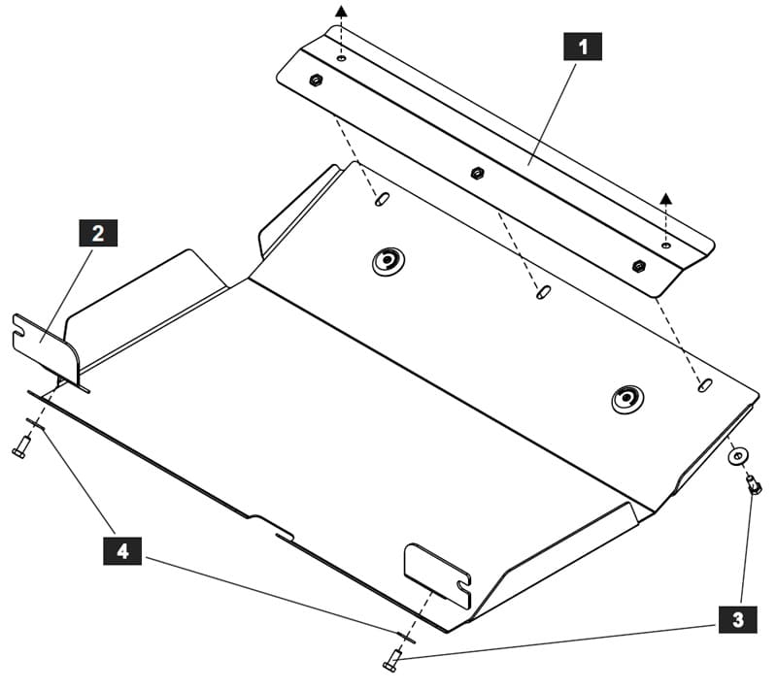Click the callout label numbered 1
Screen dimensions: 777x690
point(582,47)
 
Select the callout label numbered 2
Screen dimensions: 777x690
point(98,233)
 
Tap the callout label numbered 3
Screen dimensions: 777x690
point(738,619)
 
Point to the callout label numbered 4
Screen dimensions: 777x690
point(122,550)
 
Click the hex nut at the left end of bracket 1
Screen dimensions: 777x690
point(316,80)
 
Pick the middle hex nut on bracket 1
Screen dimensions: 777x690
point(477,173)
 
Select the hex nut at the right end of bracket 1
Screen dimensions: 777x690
point(639,266)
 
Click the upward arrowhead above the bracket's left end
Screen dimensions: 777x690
point(341,11)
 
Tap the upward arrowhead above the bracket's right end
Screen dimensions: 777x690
point(666,199)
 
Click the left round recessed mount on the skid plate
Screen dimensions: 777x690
point(388,261)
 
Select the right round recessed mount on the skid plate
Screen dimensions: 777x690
point(627,399)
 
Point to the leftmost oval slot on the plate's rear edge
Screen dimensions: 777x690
point(382,199)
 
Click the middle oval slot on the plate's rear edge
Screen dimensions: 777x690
point(544,292)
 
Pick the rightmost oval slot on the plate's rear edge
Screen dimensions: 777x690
point(705,385)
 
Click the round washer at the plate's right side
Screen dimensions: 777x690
point(737,456)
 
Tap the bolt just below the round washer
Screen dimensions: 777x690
point(754,484)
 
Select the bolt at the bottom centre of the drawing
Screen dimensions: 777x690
point(391,661)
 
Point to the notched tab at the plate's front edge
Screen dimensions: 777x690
point(437,575)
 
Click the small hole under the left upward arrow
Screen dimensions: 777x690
point(342,58)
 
